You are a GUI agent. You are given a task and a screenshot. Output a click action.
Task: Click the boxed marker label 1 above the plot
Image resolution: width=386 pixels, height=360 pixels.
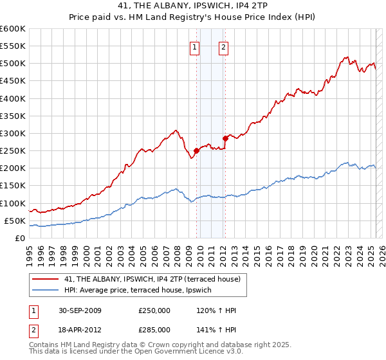(194, 46)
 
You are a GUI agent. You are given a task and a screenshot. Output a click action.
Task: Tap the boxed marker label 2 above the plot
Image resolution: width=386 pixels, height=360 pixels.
(223, 46)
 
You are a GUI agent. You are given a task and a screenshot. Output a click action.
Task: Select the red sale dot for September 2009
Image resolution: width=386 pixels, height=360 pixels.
(196, 150)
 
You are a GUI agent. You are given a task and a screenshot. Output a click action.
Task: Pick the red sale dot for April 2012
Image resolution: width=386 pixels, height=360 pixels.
(225, 138)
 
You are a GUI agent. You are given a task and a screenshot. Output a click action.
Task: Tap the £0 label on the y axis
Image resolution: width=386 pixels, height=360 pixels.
(21, 238)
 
